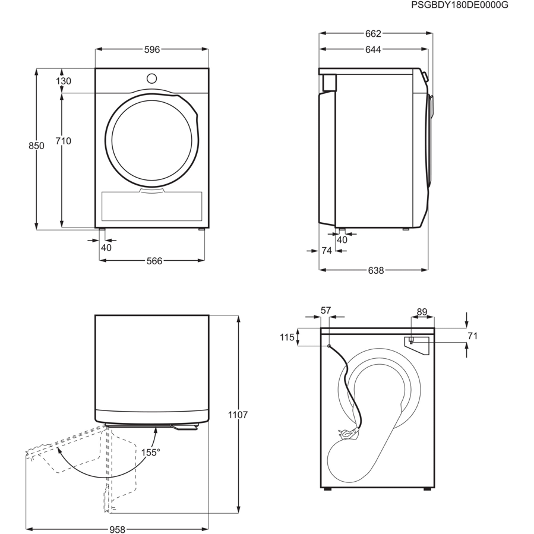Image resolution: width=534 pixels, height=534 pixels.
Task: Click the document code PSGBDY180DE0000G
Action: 460,5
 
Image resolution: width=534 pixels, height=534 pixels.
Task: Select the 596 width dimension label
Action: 152,50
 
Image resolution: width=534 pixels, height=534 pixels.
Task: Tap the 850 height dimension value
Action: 37,146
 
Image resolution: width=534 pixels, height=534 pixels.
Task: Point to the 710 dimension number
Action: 63,141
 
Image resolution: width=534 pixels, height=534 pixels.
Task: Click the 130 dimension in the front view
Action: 64,81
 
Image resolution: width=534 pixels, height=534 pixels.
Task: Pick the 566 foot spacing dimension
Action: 154,261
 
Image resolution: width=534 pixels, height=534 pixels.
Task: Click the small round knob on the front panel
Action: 151,78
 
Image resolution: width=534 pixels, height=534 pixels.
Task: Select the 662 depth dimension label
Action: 373,34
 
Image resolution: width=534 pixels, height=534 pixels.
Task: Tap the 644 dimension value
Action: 373,50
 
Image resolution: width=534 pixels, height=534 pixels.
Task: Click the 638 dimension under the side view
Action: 375,270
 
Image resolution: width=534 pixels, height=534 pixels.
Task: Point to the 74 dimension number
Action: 326,251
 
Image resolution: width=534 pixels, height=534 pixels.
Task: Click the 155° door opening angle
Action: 151,453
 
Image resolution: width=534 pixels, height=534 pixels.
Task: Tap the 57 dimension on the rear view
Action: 326,310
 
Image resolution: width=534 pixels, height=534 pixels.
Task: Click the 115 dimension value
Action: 287,337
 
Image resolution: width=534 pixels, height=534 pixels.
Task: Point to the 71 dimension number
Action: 472,336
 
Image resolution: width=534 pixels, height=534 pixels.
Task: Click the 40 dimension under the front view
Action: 106,248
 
